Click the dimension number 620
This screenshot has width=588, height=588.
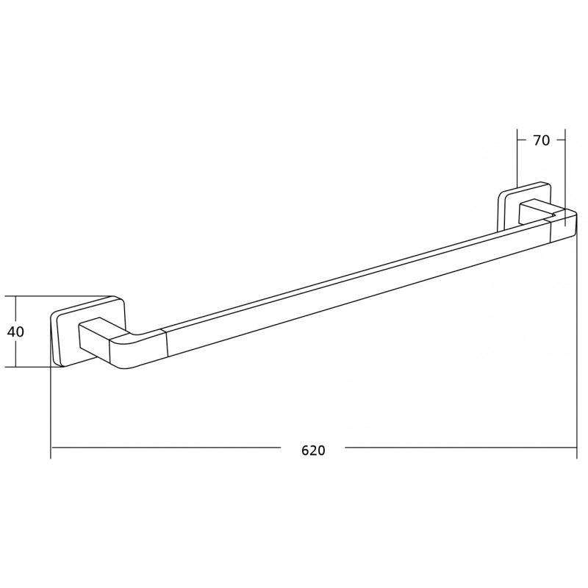tap(313, 450)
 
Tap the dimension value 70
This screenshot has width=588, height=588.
tap(541, 140)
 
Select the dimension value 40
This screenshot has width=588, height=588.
tap(16, 331)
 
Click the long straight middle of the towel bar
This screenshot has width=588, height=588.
tap(353, 287)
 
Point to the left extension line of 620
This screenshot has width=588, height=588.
tap(51, 412)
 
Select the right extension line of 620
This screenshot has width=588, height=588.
tap(576, 345)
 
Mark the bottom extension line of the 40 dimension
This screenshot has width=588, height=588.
tap(33, 367)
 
